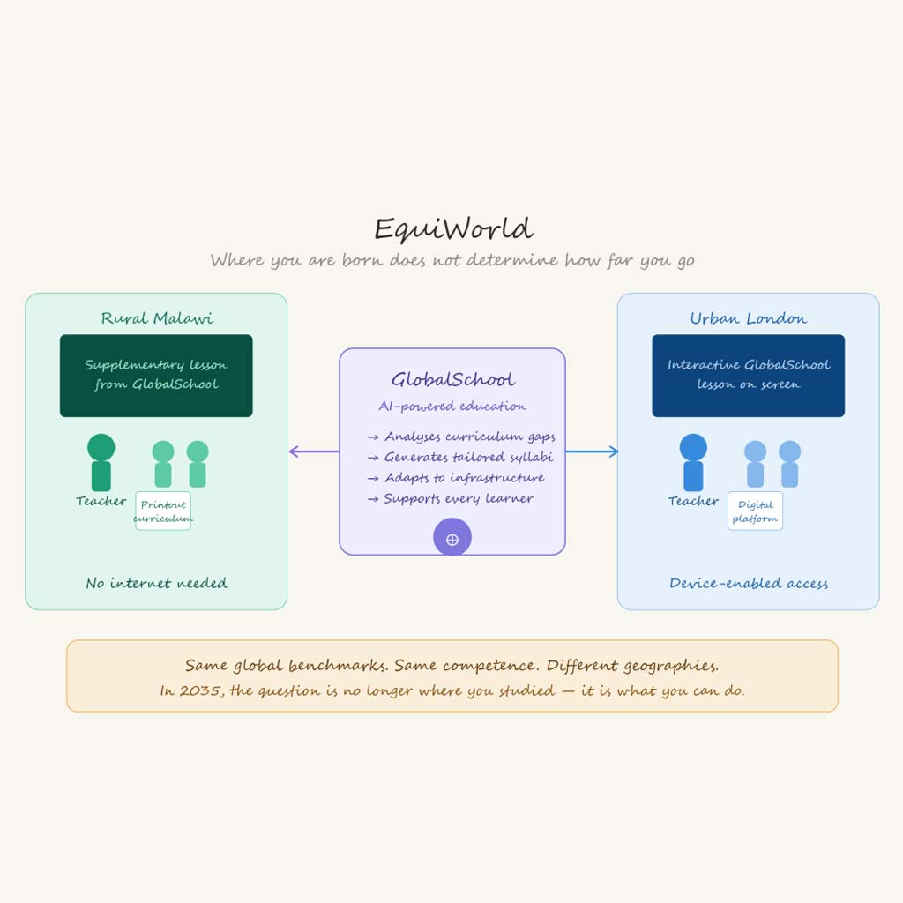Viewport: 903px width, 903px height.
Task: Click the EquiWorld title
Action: point(453,229)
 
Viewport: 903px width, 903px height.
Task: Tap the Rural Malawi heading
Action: point(157,317)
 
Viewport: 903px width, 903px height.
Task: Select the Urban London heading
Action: point(748,317)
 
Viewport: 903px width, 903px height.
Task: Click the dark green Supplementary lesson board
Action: point(156,376)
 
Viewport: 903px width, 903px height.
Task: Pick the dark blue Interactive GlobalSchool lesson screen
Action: point(748,376)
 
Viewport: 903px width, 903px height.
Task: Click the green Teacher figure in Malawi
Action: point(101,462)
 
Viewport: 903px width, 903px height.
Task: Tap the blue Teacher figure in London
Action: point(693,462)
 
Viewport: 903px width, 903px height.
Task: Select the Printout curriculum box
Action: point(163,511)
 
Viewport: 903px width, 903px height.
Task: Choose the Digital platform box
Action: point(755,511)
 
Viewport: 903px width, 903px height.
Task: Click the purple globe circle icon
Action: point(452,537)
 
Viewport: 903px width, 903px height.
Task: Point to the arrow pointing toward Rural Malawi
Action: point(314,451)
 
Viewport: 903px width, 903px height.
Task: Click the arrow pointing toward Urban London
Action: point(592,451)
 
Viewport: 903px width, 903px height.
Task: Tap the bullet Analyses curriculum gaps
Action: point(461,437)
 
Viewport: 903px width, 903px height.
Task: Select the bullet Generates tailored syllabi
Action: point(460,458)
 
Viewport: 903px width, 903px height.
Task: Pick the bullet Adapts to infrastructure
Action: point(456,478)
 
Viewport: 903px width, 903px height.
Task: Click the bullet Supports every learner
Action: point(451,499)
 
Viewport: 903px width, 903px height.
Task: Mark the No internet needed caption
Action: point(157,584)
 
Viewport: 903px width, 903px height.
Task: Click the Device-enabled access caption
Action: point(749,584)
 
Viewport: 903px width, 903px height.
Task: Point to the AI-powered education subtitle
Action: point(452,406)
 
